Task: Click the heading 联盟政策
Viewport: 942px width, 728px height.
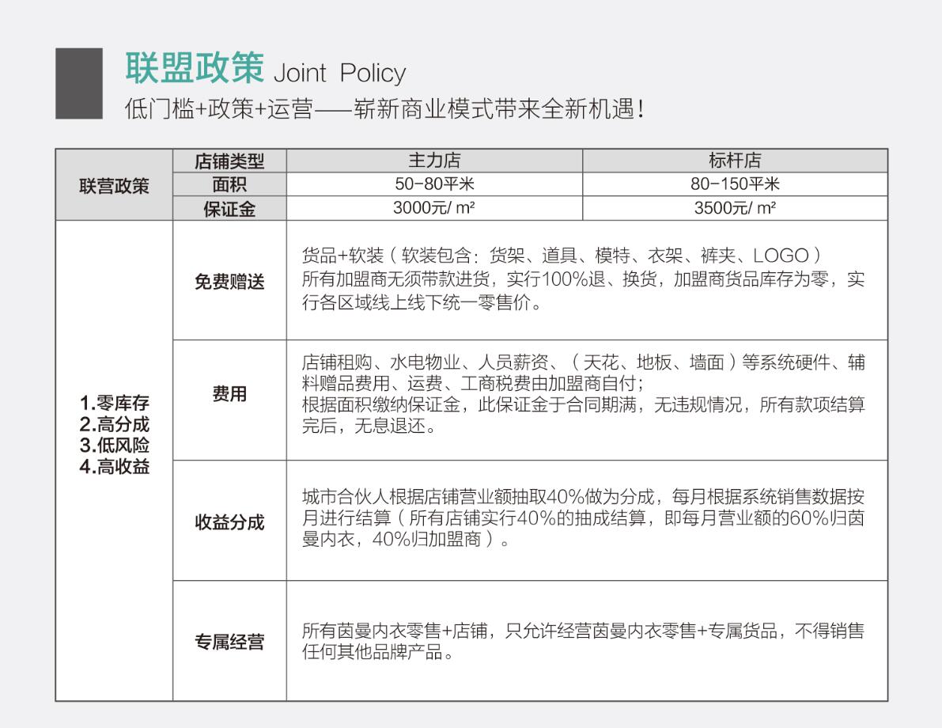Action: (195, 68)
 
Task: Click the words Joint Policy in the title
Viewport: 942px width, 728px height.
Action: (339, 74)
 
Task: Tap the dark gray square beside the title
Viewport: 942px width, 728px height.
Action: (79, 83)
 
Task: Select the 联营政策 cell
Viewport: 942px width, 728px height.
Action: (114, 186)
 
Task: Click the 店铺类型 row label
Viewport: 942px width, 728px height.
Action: (229, 161)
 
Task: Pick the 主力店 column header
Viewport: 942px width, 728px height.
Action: (434, 161)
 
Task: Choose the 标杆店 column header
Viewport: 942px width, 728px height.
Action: (735, 161)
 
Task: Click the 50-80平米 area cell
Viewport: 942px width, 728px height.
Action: (434, 184)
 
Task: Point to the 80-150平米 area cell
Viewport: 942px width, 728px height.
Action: (735, 184)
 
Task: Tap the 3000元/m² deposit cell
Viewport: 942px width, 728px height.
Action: (433, 208)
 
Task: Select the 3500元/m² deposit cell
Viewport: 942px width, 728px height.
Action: (735, 208)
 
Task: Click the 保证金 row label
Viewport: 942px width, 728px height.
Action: (229, 209)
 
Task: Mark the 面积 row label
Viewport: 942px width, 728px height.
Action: (229, 185)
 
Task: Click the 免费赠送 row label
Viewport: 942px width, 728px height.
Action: (229, 282)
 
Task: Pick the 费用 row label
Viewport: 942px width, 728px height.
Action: (229, 393)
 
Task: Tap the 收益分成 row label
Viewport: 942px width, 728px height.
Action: (229, 522)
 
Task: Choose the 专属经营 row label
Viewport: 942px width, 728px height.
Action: (229, 642)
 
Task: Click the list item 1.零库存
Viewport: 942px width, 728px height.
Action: (114, 403)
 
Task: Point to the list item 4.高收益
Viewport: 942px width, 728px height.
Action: (114, 467)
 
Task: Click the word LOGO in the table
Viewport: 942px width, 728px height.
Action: (781, 256)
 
